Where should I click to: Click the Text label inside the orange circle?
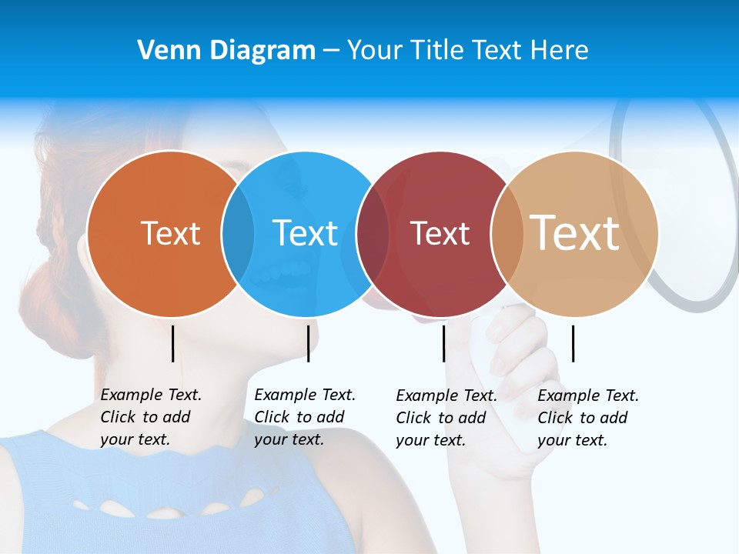(x=171, y=233)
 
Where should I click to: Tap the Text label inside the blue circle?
(x=306, y=233)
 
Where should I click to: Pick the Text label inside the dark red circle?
(x=440, y=233)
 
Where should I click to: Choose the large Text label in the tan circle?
(x=575, y=233)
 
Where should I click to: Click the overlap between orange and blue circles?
(x=238, y=233)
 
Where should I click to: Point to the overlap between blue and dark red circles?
(x=373, y=233)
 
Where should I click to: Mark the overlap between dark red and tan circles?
(x=507, y=233)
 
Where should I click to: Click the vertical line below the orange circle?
(x=173, y=343)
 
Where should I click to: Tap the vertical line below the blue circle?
(x=308, y=343)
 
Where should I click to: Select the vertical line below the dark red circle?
(x=443, y=343)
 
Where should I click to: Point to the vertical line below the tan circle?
(x=573, y=343)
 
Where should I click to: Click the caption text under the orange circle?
(x=150, y=417)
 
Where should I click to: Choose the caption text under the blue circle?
(x=304, y=417)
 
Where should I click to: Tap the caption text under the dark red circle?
(x=446, y=418)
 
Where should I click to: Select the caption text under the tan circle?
(x=587, y=418)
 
